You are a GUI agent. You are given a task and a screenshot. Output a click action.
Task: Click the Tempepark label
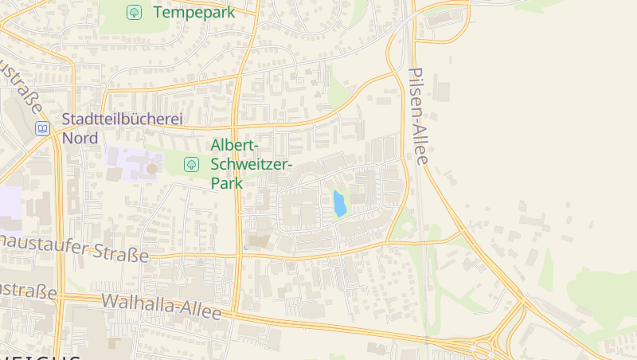(194, 12)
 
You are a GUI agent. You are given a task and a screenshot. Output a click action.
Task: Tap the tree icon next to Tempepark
(135, 12)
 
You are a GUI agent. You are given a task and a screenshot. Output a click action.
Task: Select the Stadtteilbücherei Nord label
(122, 129)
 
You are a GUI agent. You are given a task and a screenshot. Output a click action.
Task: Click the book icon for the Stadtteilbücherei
(42, 128)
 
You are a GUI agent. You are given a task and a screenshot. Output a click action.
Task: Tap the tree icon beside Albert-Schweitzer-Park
(191, 164)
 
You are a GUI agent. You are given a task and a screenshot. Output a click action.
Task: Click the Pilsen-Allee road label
(419, 116)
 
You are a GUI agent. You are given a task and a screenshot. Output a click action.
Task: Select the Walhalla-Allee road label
(162, 307)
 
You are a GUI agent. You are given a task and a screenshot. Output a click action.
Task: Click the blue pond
(339, 203)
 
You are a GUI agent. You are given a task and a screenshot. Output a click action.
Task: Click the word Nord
(80, 139)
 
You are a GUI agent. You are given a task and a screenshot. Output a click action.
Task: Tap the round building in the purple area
(151, 168)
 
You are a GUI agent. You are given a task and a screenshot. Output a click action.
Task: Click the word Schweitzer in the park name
(252, 165)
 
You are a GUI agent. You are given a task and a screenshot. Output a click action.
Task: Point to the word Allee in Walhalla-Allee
(198, 310)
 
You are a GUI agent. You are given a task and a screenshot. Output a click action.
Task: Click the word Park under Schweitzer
(227, 182)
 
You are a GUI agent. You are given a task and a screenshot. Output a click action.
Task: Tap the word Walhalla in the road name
(133, 303)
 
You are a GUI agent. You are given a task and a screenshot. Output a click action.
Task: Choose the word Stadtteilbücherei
(122, 119)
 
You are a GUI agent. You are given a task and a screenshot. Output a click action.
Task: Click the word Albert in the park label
(235, 147)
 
